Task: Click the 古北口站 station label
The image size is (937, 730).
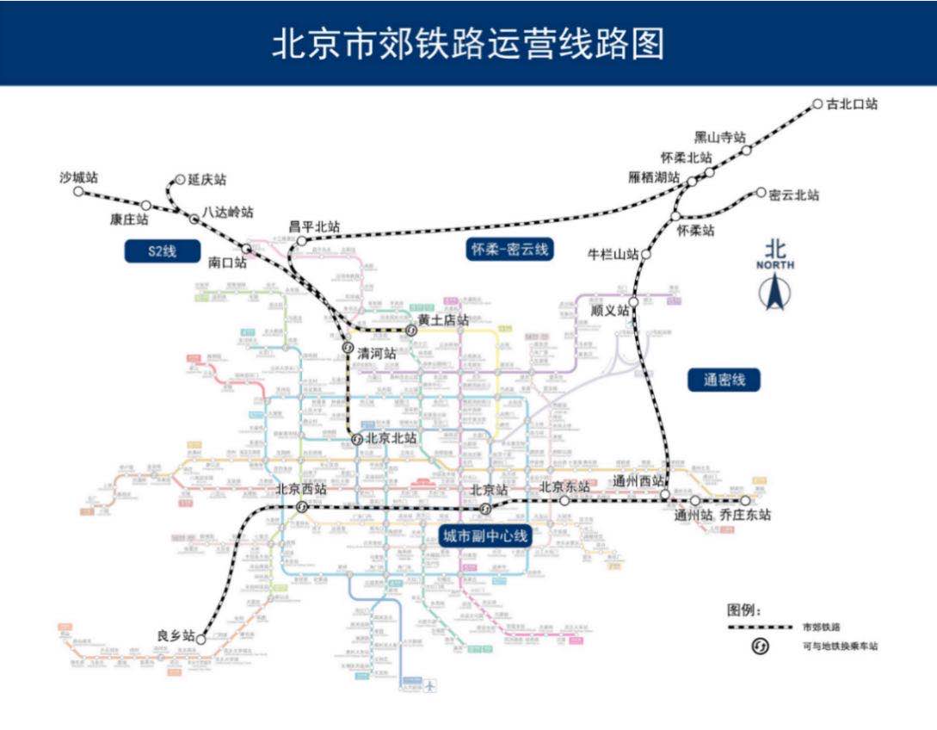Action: click(852, 103)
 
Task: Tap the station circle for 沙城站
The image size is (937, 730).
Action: click(78, 192)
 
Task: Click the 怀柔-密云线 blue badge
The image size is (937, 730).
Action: click(509, 250)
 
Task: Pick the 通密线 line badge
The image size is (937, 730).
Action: click(724, 380)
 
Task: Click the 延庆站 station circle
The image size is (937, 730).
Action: click(181, 180)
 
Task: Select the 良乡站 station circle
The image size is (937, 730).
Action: click(200, 640)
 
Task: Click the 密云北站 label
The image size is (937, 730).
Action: click(794, 195)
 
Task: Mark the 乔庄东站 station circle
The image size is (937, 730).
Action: click(745, 500)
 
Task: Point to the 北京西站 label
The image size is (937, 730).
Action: click(301, 489)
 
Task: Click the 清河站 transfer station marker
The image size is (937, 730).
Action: click(348, 347)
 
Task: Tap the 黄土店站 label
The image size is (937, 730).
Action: click(443, 319)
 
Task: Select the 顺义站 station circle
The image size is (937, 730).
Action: click(633, 301)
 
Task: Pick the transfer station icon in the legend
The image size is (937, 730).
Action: click(761, 646)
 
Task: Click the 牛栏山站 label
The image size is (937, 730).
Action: click(613, 255)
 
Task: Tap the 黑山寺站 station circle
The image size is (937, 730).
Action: click(747, 150)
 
